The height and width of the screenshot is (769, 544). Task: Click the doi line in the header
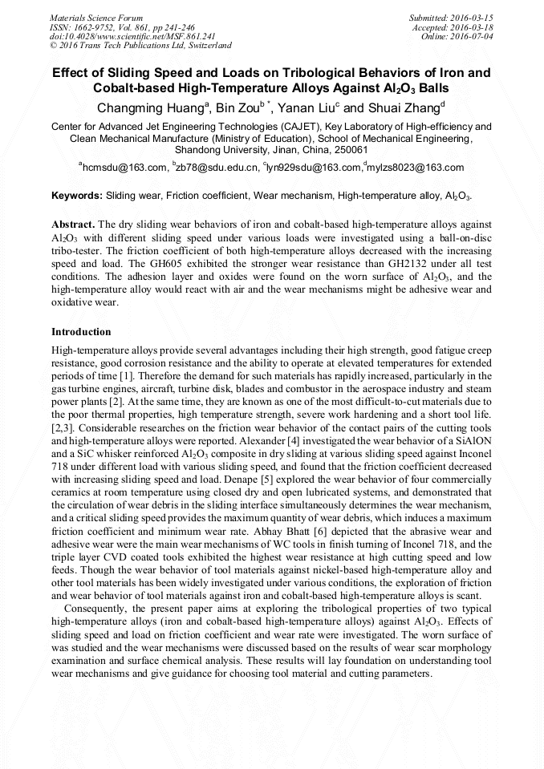(x=132, y=36)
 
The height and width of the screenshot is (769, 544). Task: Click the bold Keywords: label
(x=77, y=196)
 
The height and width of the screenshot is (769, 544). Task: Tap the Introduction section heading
(x=81, y=332)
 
